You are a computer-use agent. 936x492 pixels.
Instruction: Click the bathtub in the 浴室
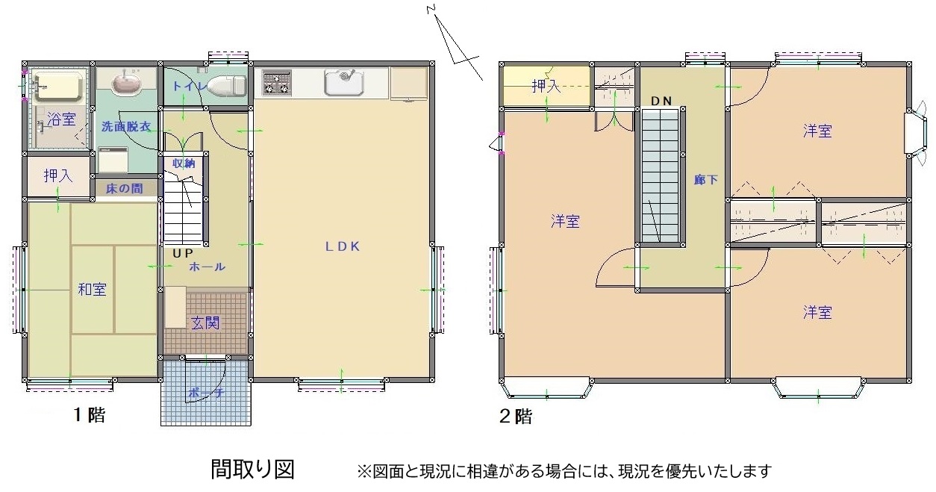(57, 87)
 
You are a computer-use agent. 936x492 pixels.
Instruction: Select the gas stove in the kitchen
(275, 82)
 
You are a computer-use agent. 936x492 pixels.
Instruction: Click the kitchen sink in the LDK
(344, 81)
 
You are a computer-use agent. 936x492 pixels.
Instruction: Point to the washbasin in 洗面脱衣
(127, 79)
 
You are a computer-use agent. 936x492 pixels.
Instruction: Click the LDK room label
(343, 246)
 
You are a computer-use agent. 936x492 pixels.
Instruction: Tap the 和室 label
(93, 289)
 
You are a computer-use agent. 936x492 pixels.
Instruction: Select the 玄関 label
(205, 323)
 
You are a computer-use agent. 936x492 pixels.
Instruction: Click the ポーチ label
(206, 393)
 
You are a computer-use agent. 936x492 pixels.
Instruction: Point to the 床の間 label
(124, 189)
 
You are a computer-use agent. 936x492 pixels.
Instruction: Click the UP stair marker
(183, 253)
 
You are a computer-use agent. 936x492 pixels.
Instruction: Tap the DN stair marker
(661, 101)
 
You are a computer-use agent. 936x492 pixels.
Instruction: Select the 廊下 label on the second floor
(706, 180)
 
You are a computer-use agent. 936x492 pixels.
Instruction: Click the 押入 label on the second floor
(546, 86)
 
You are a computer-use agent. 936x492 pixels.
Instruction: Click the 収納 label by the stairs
(184, 163)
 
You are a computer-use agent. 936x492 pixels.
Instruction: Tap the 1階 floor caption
(90, 414)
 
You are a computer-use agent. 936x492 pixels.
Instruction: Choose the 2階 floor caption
(516, 417)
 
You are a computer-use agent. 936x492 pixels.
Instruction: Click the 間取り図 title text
(253, 470)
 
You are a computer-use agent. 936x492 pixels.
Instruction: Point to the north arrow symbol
(455, 43)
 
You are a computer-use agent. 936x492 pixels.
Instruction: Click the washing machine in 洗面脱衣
(113, 159)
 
